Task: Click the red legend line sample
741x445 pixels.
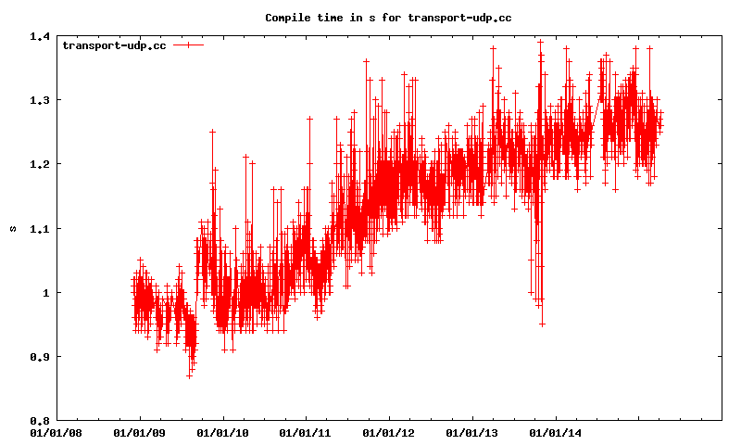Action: tap(188, 44)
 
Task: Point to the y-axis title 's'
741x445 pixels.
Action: tap(13, 228)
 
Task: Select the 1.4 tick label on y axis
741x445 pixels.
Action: tap(39, 36)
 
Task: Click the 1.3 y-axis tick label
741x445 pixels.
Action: tap(39, 100)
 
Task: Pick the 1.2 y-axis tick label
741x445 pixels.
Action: tap(39, 164)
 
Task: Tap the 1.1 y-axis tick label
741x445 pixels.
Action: tap(39, 228)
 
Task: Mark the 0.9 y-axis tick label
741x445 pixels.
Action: tap(39, 356)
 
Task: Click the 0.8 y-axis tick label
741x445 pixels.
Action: tap(39, 420)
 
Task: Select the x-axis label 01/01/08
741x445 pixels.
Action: tap(57, 432)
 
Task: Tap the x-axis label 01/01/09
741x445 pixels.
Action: tap(140, 432)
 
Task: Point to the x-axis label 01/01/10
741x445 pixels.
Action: tap(223, 432)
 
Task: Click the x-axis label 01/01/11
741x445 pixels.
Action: tap(306, 432)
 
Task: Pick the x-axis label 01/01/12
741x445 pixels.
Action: tap(389, 432)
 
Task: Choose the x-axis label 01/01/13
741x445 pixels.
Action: tap(472, 432)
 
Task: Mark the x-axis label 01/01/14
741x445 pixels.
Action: tap(556, 432)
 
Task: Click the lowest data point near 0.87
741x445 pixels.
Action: tap(189, 375)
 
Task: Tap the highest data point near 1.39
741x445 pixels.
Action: tap(540, 42)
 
